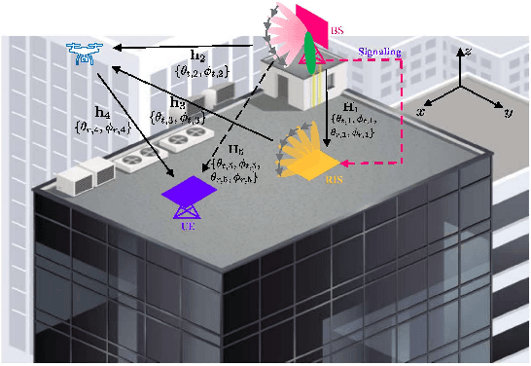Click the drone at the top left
[86, 54]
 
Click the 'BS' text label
[337, 31]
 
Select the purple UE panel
[185, 187]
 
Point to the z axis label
[469, 51]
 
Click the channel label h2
[198, 55]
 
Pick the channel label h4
[100, 110]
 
